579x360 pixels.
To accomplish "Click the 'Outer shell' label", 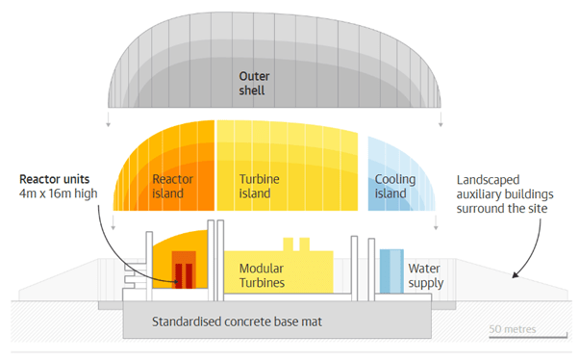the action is (254, 83).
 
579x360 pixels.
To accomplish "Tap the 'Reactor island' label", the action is (172, 186).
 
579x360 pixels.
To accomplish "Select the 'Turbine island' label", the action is (260, 186).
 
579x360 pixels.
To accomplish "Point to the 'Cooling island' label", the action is (395, 186).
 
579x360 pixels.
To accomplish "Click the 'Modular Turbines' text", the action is (262, 275).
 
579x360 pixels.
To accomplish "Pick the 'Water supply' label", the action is (426, 275).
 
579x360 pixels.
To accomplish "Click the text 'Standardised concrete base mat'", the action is (237, 321).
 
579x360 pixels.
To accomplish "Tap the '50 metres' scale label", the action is (513, 329).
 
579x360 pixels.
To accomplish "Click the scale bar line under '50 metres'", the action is (528, 336).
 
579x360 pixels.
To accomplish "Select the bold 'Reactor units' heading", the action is (54, 179).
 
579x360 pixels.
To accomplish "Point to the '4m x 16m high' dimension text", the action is (59, 193).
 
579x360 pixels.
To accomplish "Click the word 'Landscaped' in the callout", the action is (488, 180).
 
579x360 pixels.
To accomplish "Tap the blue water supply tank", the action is (391, 271).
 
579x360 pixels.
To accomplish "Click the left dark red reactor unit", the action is (179, 275).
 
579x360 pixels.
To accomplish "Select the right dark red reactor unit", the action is (189, 275).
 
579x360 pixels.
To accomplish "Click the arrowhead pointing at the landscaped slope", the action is (516, 274).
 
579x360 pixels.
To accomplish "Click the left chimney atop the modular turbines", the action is (288, 244).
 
